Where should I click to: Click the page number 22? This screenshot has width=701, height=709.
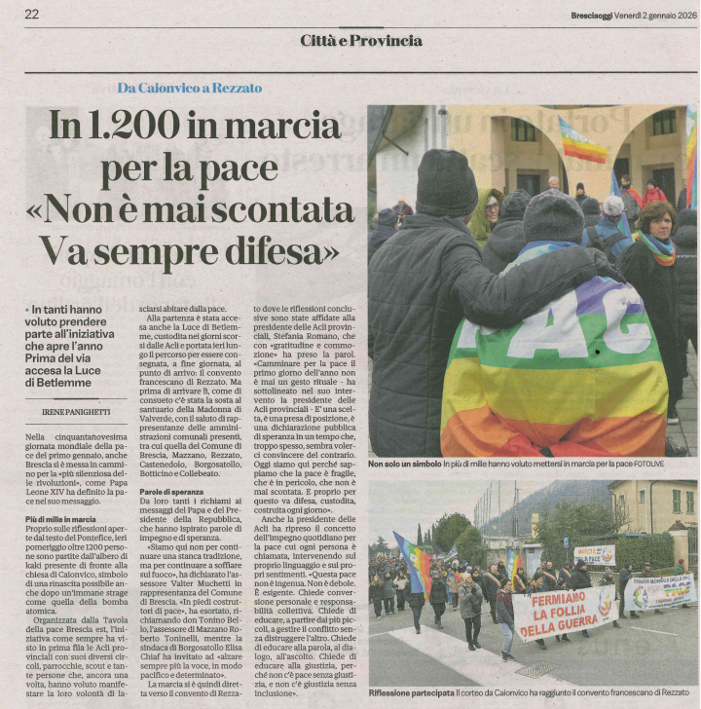click(x=32, y=14)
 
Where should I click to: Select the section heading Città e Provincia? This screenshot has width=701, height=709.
click(x=361, y=40)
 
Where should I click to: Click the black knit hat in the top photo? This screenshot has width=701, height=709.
click(x=447, y=183)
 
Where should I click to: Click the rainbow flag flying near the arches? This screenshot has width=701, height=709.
click(x=582, y=142)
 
